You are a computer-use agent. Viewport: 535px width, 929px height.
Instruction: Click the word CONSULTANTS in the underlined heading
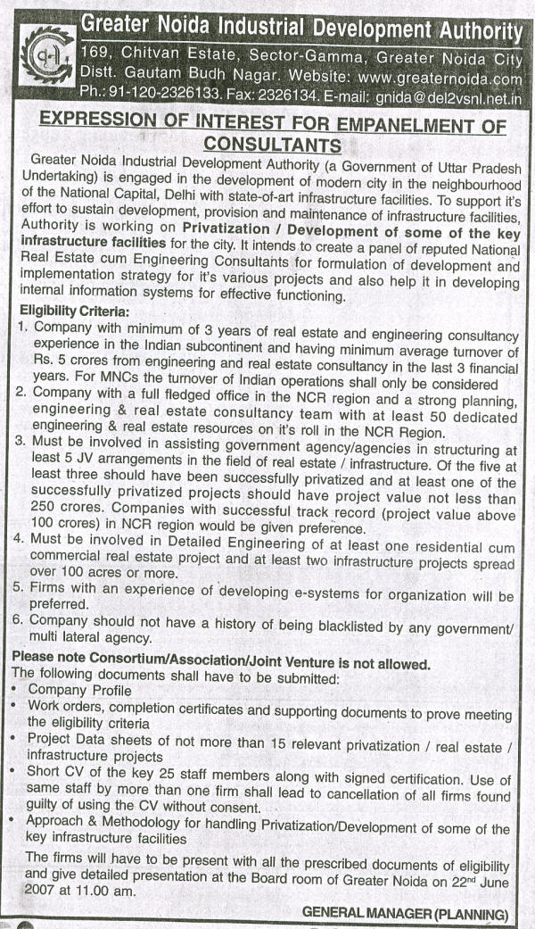[x=272, y=145]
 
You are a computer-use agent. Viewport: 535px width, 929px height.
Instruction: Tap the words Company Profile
[x=79, y=691]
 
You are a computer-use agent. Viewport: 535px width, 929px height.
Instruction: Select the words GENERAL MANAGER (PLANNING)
[x=405, y=913]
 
